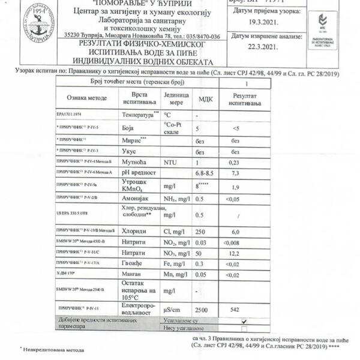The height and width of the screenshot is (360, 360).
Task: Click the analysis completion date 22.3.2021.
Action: click(x=261, y=46)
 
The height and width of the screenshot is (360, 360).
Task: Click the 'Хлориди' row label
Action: click(x=134, y=230)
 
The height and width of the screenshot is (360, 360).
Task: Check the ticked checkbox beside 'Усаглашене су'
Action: click(x=244, y=321)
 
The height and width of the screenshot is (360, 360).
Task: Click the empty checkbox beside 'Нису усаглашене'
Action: click(x=244, y=329)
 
